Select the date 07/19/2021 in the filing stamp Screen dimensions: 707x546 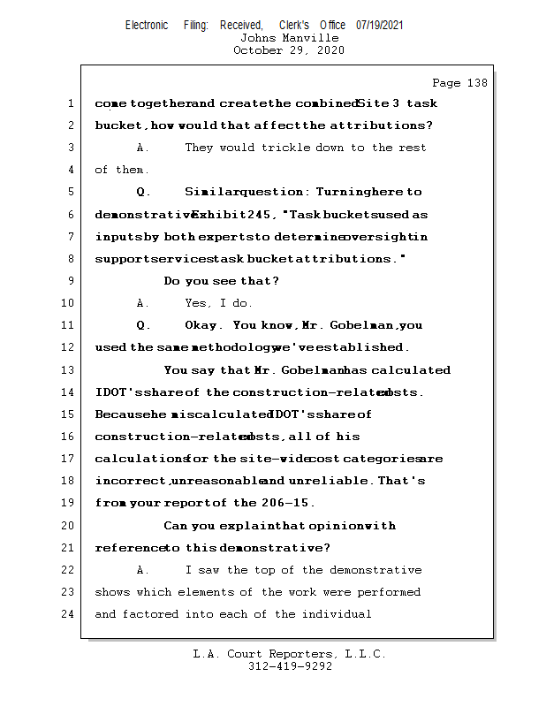[x=379, y=25]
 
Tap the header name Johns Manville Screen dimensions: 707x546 [x=289, y=38]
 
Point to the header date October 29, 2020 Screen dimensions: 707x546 [x=289, y=50]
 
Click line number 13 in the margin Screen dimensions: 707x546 [x=70, y=370]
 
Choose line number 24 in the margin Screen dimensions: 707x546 [x=70, y=614]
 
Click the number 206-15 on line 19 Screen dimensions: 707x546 [x=283, y=503]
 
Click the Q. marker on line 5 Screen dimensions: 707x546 [x=144, y=192]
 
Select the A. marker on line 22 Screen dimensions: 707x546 [x=143, y=570]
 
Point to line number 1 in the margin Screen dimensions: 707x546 [x=70, y=103]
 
